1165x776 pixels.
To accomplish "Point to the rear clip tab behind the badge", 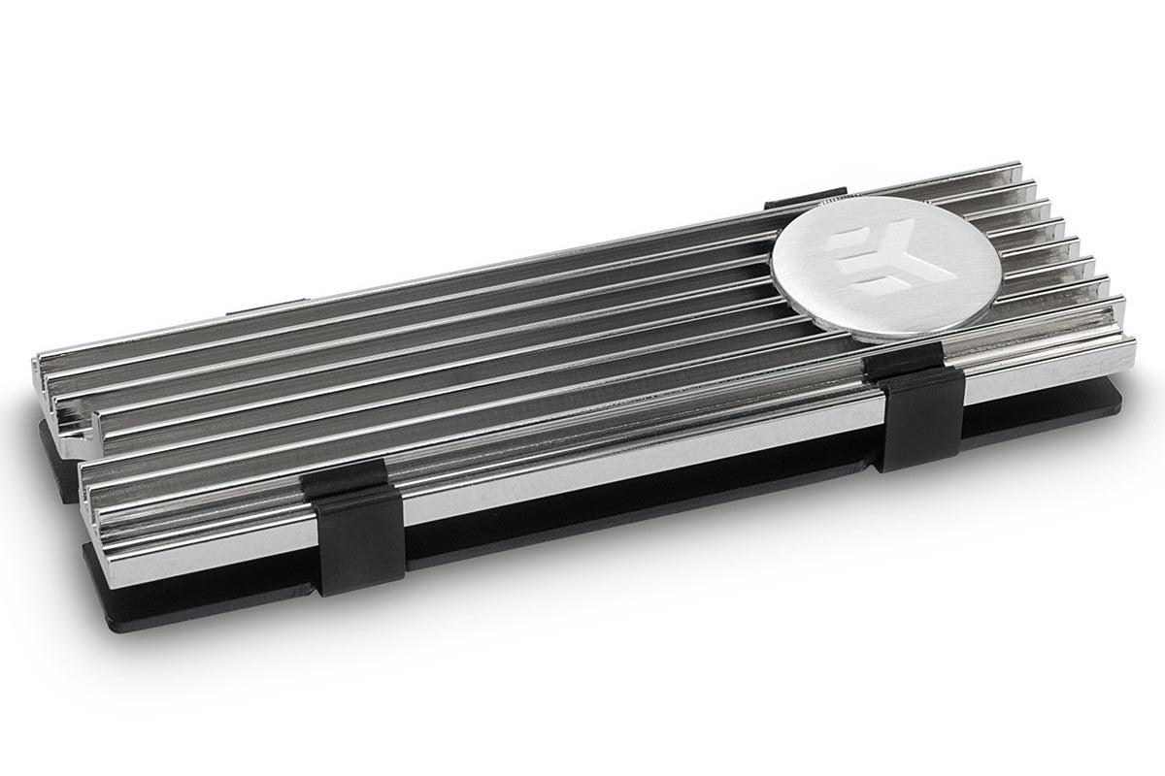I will [791, 204].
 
